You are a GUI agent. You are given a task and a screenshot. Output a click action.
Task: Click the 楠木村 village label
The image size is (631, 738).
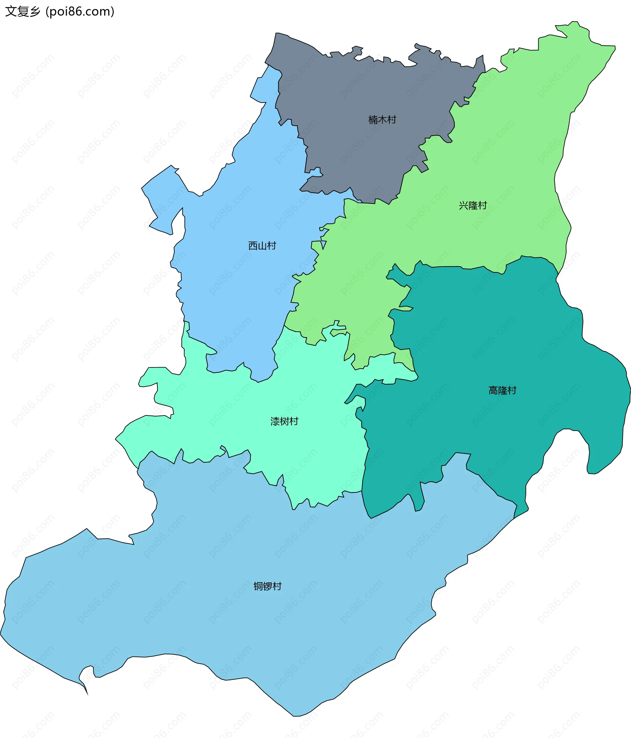coord(382,120)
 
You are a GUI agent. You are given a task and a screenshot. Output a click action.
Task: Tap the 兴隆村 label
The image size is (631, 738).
coord(473,205)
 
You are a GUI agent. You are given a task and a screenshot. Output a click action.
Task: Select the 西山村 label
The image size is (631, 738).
coord(262,246)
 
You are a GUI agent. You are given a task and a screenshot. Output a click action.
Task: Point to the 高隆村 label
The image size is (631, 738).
coord(502,391)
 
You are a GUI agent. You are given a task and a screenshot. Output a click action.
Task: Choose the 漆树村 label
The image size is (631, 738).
coord(284,421)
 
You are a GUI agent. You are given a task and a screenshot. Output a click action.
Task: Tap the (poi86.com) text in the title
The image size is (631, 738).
coord(80,12)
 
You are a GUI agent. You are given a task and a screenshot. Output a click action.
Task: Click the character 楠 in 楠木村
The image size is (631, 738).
coord(373,120)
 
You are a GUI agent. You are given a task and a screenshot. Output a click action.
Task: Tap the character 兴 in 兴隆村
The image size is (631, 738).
coord(463,205)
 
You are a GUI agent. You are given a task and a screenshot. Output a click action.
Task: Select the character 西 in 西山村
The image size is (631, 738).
coord(253,246)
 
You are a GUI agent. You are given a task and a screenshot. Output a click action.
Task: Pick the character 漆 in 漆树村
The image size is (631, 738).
coord(275,421)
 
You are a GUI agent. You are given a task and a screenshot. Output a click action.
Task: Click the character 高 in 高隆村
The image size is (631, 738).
coord(493,391)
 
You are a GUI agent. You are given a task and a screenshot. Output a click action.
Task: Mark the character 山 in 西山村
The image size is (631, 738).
coord(262,246)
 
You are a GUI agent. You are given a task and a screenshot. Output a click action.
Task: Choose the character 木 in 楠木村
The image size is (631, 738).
coord(382,120)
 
